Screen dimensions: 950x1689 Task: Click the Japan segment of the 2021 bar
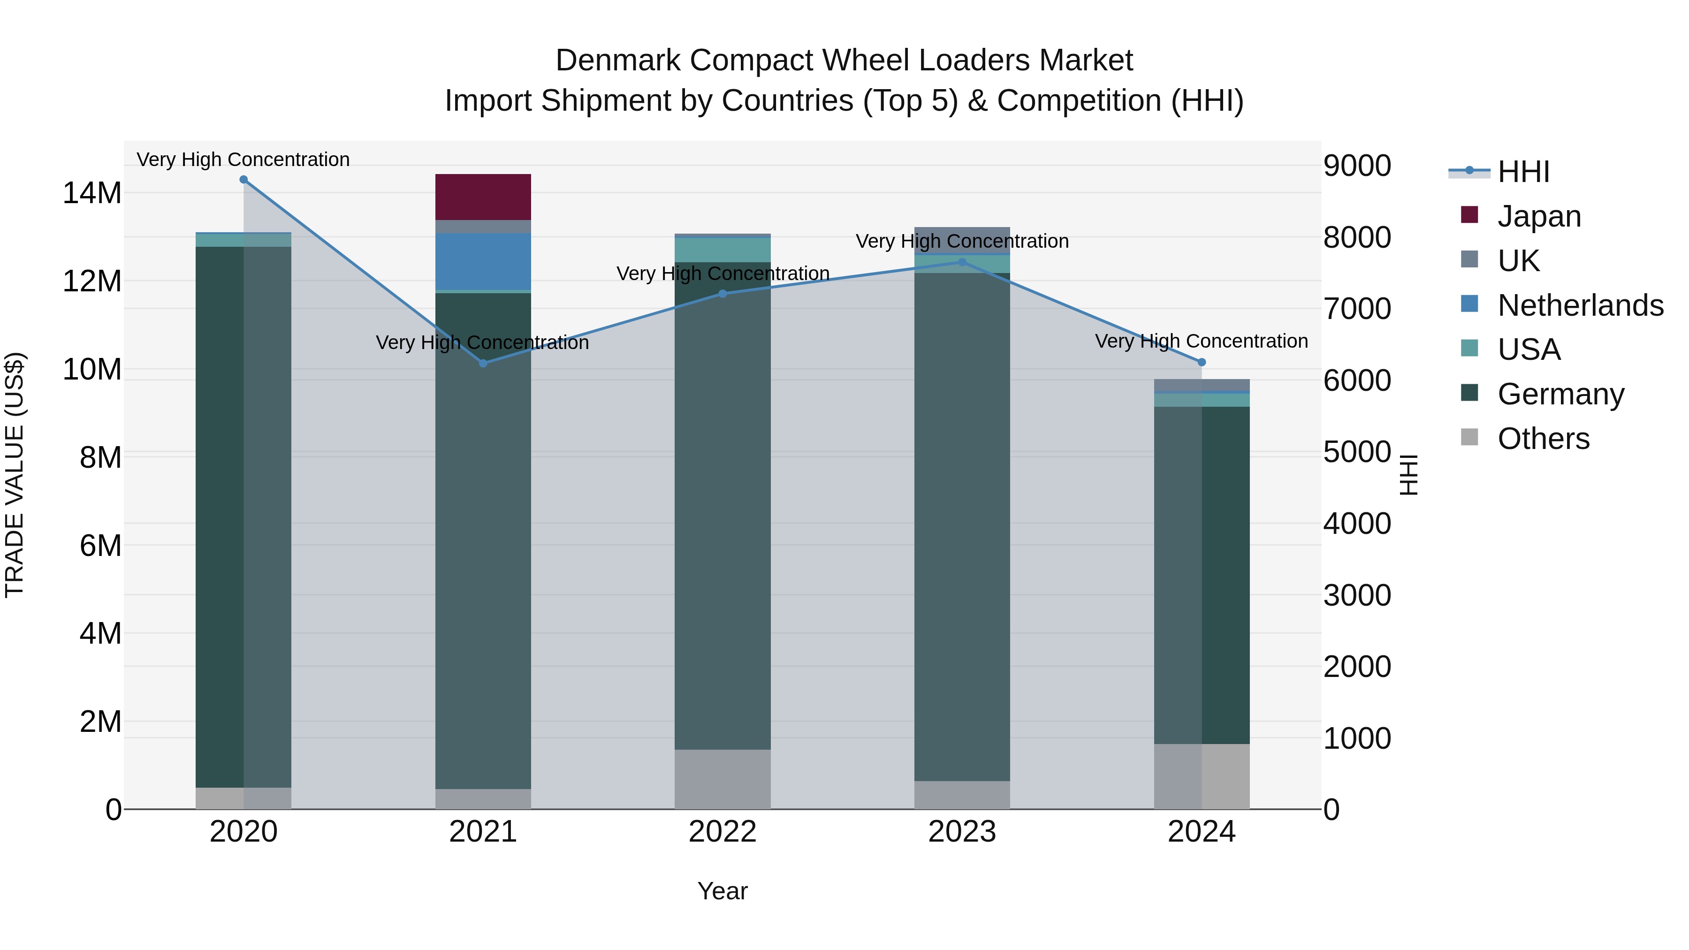coord(483,197)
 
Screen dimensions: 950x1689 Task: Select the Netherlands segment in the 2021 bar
coord(483,261)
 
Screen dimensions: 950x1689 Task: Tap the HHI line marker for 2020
coord(244,180)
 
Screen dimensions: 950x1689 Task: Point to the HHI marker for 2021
coord(483,363)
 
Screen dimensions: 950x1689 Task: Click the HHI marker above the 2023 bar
coord(963,262)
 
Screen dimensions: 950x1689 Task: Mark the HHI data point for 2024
coord(1202,362)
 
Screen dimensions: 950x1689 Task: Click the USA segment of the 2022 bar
coord(723,250)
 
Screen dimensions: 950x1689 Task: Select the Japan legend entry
coord(1539,216)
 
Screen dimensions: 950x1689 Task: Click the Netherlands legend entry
coord(1580,305)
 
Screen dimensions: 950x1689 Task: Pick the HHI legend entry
coord(1523,172)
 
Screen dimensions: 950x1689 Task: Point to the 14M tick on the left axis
coord(92,193)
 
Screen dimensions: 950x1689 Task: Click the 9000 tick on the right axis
coord(1357,166)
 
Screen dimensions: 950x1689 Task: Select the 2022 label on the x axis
coord(723,832)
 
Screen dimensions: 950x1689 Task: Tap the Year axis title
coord(723,891)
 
